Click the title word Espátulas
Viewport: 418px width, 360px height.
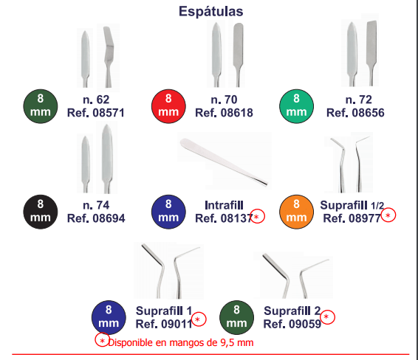pyautogui.click(x=211, y=12)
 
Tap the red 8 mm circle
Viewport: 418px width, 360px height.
pyautogui.click(x=168, y=106)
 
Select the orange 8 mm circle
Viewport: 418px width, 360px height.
pyautogui.click(x=296, y=212)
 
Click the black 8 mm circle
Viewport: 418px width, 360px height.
pyautogui.click(x=41, y=212)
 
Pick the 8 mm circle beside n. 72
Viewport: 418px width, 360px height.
pyautogui.click(x=296, y=106)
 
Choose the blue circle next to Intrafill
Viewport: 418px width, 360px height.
pyautogui.click(x=168, y=212)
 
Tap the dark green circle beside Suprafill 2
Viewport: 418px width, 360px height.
pyautogui.click(x=237, y=317)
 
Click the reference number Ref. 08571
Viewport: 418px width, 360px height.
pyautogui.click(x=96, y=113)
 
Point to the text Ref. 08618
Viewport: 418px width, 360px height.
pyautogui.click(x=224, y=113)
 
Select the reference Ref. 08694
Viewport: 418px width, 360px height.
pyautogui.click(x=96, y=218)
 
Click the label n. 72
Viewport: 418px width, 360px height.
pyautogui.click(x=358, y=100)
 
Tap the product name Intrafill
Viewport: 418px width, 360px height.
pyautogui.click(x=224, y=205)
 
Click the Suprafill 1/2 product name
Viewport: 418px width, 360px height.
pyautogui.click(x=352, y=205)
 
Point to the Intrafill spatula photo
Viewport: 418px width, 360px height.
pyautogui.click(x=224, y=161)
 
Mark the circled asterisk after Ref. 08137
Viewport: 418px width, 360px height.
pyautogui.click(x=257, y=216)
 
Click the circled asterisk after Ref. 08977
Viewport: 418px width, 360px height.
pyautogui.click(x=388, y=215)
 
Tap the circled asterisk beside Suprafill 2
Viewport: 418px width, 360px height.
pyautogui.click(x=328, y=317)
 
